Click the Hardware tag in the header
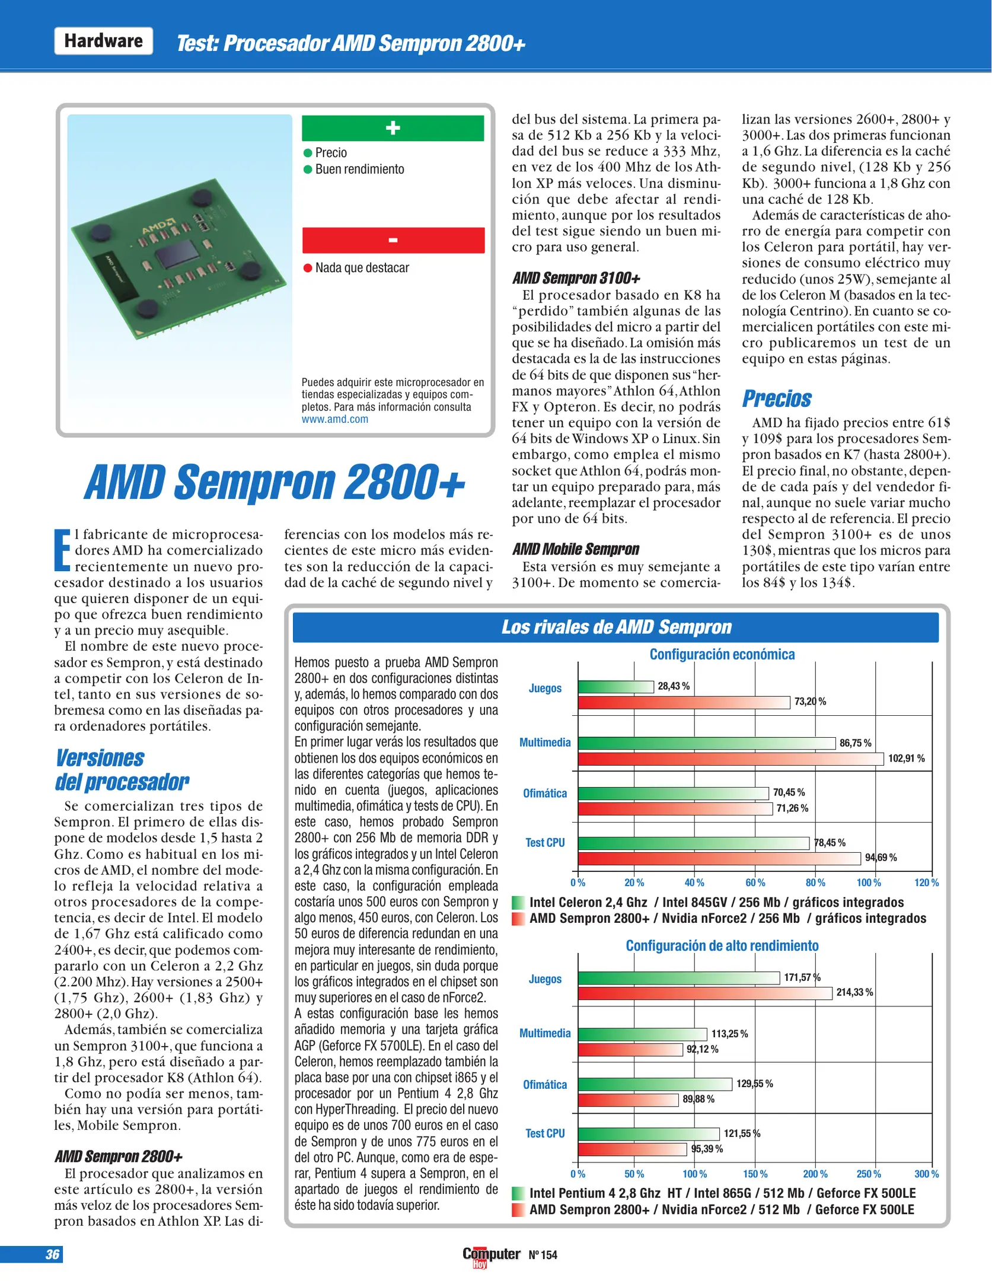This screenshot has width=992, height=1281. (x=103, y=41)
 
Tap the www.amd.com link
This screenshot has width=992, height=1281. (x=334, y=419)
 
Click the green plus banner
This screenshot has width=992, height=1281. (x=393, y=128)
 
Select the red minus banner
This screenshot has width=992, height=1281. (x=393, y=240)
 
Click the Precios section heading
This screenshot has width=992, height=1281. (x=776, y=399)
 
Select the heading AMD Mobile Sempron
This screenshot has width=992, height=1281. (x=575, y=549)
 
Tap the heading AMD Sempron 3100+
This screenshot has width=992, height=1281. (x=576, y=278)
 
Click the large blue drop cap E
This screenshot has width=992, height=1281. (x=63, y=549)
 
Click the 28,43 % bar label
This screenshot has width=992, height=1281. (x=674, y=686)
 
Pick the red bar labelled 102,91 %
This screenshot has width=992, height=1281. (x=730, y=759)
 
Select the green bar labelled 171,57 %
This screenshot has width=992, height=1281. (x=678, y=978)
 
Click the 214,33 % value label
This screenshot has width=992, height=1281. (x=854, y=993)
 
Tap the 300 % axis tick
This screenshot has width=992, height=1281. (x=926, y=1174)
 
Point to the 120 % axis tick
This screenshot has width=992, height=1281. (x=926, y=883)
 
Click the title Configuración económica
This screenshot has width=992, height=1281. (x=722, y=654)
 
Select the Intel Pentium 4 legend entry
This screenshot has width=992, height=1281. (x=722, y=1193)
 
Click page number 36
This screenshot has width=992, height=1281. (x=52, y=1254)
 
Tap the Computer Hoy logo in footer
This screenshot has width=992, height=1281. (x=491, y=1256)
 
